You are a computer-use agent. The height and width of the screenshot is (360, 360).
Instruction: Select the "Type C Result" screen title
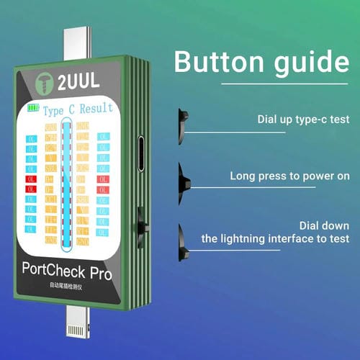(78, 109)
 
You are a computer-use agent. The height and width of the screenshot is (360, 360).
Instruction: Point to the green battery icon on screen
(33, 109)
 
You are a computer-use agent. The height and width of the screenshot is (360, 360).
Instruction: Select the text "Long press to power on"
(289, 176)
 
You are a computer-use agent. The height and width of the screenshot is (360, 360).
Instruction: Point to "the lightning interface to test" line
(276, 239)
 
